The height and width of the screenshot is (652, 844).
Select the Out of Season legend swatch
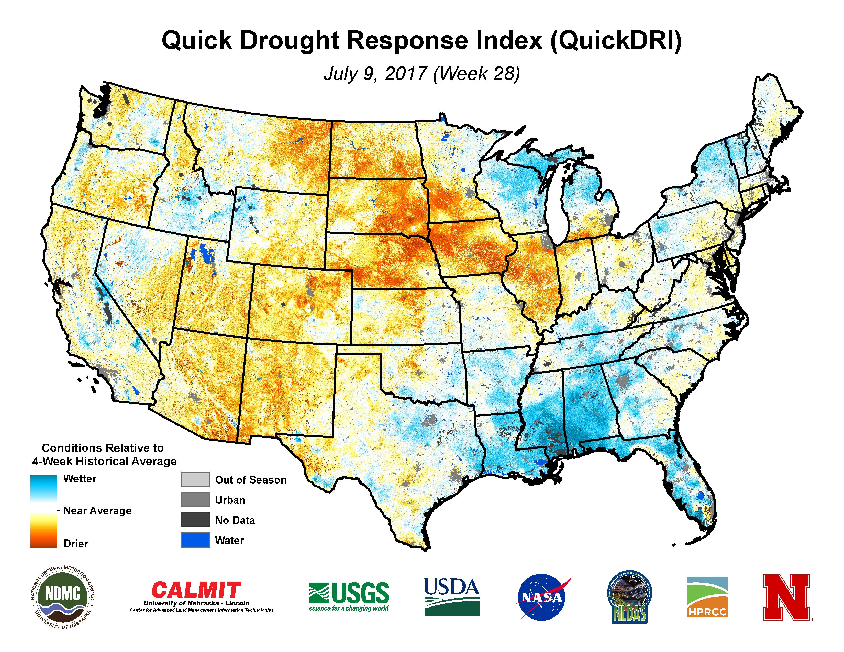195,479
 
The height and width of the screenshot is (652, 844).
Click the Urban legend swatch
195,499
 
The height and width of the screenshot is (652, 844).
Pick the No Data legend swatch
195,520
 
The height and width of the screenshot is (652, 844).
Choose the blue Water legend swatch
195,540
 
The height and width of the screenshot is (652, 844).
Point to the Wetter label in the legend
80,479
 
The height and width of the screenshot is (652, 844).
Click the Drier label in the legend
76,544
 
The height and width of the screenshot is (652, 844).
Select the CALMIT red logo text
196,590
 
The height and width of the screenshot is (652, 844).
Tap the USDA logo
451,597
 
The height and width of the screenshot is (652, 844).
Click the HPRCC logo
707,597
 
